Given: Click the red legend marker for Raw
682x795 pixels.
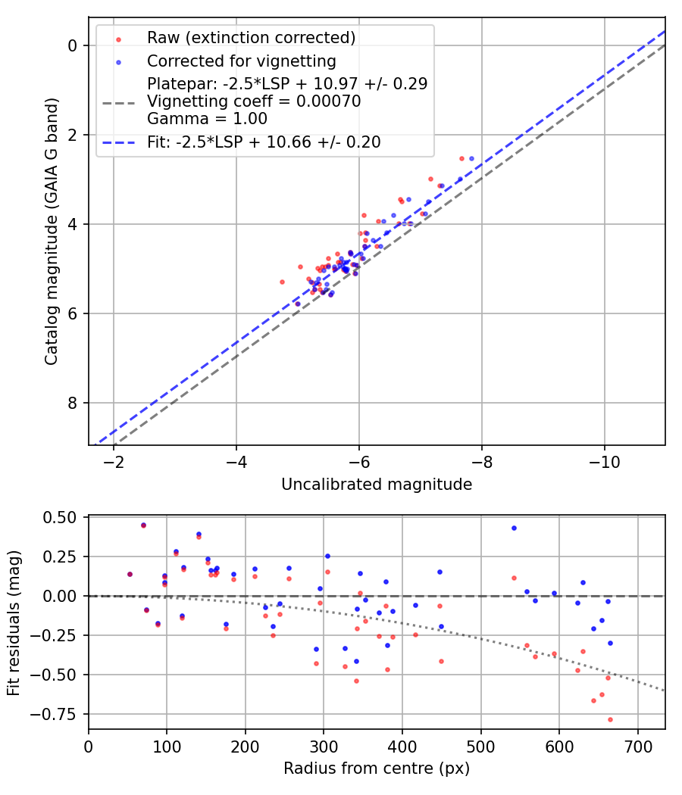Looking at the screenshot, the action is click(119, 39).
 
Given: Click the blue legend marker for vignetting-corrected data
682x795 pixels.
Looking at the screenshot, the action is click(119, 62).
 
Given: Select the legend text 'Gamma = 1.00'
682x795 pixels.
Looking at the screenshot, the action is click(207, 119).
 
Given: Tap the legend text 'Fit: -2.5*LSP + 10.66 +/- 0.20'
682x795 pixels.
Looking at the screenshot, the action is click(264, 142).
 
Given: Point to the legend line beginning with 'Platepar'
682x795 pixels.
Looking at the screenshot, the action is click(287, 83).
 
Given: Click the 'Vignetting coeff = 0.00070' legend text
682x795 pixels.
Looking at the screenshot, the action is click(254, 101).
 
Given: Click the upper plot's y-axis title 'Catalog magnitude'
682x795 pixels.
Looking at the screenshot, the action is click(52, 232).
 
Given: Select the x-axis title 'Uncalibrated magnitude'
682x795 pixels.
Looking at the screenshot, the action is click(377, 485).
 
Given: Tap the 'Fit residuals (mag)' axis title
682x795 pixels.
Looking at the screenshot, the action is click(14, 623).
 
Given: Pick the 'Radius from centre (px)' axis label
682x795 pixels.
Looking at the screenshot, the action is click(377, 768).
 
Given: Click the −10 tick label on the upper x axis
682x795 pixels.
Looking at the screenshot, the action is click(604, 462).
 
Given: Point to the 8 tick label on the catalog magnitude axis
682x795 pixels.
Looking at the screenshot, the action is click(71, 403).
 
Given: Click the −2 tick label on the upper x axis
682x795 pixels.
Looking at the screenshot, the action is click(113, 462).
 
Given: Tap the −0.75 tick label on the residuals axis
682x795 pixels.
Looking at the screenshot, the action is click(54, 715).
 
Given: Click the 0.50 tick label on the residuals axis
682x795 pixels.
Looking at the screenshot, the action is click(59, 518).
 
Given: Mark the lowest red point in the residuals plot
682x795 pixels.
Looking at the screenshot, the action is click(610, 719).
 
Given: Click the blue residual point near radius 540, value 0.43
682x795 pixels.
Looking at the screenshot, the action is click(514, 528).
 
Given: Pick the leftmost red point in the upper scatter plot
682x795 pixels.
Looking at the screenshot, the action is click(282, 282).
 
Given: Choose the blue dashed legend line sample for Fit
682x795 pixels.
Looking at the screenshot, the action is click(119, 142).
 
